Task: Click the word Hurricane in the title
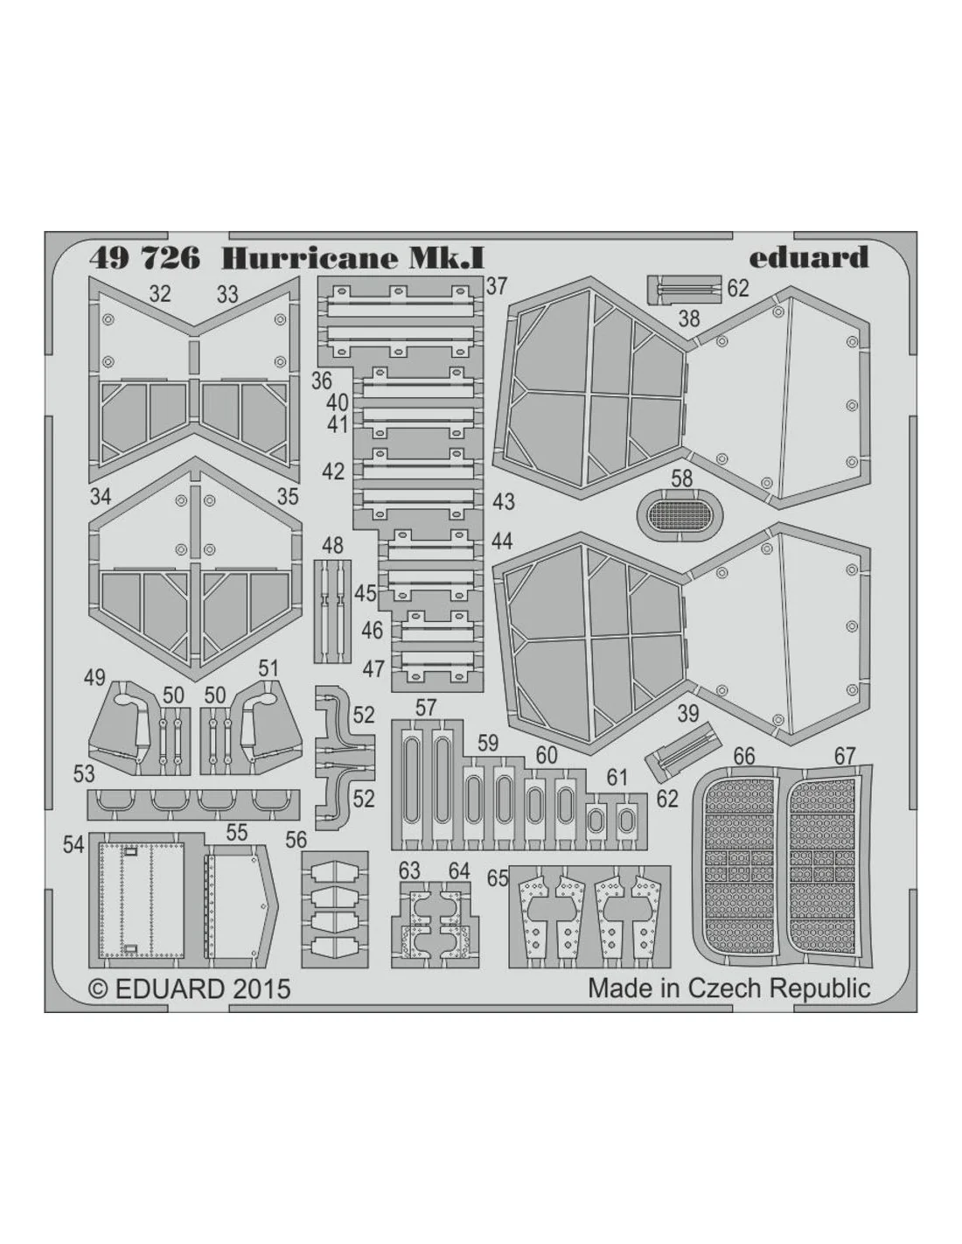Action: tap(309, 259)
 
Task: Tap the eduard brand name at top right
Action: tap(809, 257)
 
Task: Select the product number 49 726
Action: tap(144, 259)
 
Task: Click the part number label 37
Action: tap(496, 286)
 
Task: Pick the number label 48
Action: tap(332, 545)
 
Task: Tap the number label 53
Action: tap(84, 774)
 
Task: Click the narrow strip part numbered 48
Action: tap(332, 612)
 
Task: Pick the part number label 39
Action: tap(687, 714)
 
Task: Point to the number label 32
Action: tap(160, 294)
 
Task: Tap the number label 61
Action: tap(617, 778)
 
